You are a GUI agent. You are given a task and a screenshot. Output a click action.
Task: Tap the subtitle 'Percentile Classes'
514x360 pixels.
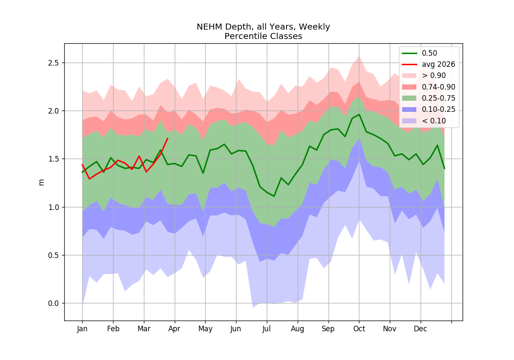263,36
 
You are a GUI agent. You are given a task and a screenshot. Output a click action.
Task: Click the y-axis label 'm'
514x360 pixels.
41,183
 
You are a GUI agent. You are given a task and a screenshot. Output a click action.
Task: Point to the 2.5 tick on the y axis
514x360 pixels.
53,63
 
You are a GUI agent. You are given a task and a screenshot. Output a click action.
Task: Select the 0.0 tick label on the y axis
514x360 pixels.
53,303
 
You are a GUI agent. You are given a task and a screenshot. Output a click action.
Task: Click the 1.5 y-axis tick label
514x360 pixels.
53,159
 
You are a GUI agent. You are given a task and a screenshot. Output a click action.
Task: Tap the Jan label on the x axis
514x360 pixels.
82,329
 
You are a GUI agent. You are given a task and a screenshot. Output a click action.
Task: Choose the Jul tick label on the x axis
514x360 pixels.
266,329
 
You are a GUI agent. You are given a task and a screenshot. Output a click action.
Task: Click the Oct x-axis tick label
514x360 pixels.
359,329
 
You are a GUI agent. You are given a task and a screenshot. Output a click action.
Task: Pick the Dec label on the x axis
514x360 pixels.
420,329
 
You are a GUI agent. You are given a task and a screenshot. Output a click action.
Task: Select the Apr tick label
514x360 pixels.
174,329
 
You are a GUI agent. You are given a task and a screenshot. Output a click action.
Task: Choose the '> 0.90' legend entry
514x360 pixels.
424,75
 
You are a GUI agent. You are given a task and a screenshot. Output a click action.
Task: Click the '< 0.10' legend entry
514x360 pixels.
424,121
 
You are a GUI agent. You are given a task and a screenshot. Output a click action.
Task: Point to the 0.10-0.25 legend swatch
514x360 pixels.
409,110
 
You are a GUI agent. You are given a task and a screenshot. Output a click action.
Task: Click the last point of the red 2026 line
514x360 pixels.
168,138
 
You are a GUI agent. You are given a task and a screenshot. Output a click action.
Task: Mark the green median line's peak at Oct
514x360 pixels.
359,114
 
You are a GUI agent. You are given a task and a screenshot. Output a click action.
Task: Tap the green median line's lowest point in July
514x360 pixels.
274,196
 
